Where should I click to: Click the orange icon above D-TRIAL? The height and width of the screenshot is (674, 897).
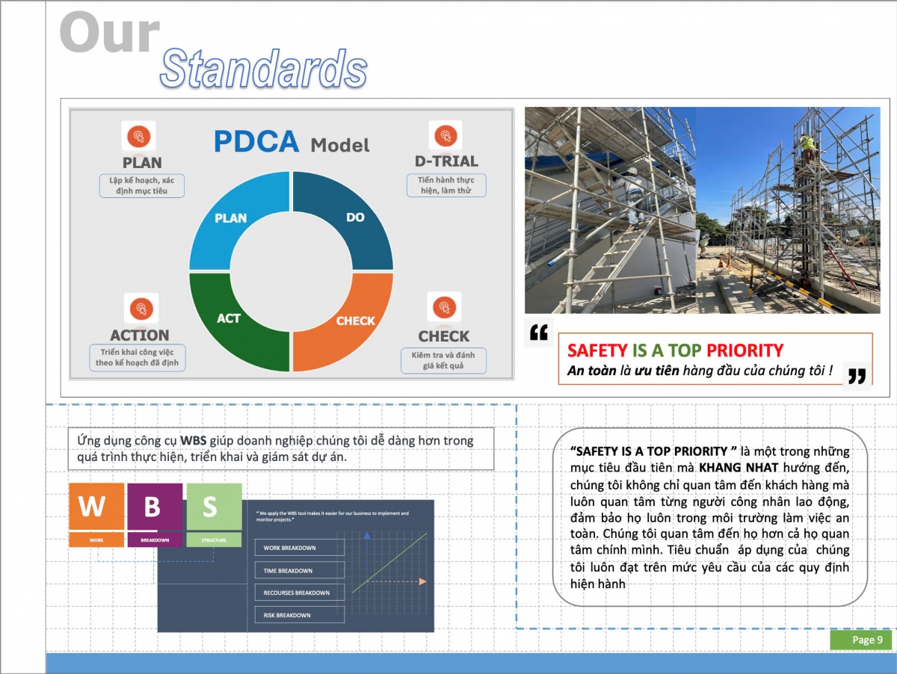tap(446, 135)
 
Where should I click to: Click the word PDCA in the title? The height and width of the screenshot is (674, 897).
tap(256, 141)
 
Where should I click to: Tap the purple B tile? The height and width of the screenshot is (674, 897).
tap(155, 507)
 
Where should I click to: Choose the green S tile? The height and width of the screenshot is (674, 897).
tap(214, 507)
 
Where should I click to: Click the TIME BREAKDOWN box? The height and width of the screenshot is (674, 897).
tap(299, 570)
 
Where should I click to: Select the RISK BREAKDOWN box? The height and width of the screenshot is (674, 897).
tap(299, 615)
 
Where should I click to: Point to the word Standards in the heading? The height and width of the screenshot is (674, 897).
tap(263, 69)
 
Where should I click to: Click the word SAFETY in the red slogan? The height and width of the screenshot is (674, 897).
tap(597, 350)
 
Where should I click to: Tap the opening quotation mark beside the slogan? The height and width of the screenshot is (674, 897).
tap(538, 333)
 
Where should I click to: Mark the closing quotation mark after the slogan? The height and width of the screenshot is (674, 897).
tap(857, 376)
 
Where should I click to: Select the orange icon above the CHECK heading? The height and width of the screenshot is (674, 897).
tap(444, 307)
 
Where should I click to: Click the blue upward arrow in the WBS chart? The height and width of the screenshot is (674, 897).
tap(366, 536)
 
